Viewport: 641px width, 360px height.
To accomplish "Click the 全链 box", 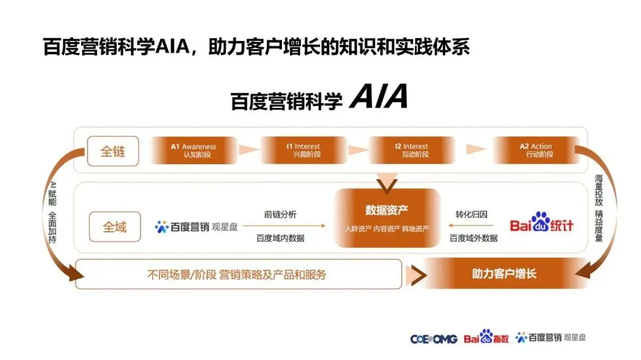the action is (113, 151).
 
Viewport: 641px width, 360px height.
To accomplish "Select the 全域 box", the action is (115, 227).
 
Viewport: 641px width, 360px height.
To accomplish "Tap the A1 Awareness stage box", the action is (193, 151).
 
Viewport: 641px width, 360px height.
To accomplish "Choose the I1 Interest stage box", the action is (304, 151).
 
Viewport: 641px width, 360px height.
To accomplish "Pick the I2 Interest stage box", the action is (412, 151).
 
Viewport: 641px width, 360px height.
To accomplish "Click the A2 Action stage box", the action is (537, 151).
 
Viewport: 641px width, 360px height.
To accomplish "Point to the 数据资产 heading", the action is (387, 211).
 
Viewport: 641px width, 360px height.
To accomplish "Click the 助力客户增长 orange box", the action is (504, 273).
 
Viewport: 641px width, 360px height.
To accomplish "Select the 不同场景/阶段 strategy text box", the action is (239, 274).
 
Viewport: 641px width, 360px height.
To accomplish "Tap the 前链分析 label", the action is (280, 215).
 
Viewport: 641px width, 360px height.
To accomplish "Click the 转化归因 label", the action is (471, 215).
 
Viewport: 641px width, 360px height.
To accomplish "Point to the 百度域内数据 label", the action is (280, 238).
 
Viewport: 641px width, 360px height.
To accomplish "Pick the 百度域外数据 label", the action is (474, 238).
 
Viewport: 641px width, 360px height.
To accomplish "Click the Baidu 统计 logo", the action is (542, 222).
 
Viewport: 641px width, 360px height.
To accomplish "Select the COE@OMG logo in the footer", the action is (433, 339).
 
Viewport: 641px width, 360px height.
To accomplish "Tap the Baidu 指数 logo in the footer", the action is (487, 337).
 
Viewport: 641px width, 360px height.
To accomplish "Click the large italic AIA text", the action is (379, 97).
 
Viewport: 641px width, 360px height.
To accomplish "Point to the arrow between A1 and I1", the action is (249, 150).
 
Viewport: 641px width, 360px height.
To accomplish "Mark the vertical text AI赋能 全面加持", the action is (52, 212).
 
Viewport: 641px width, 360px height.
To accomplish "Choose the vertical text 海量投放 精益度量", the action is (599, 208).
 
